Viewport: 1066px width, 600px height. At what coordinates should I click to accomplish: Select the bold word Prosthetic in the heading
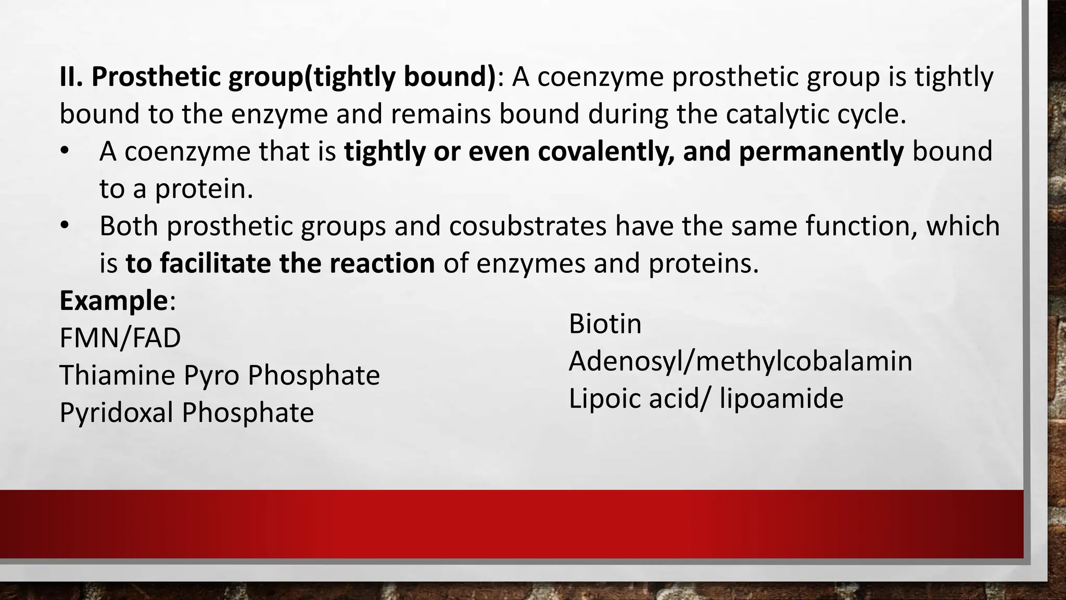[x=156, y=77]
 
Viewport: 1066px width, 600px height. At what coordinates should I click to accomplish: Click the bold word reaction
[x=382, y=264]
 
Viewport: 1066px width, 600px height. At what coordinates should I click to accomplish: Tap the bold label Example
[x=113, y=301]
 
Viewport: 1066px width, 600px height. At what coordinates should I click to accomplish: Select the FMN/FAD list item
[x=120, y=338]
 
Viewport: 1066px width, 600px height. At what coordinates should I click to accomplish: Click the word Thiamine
[x=117, y=376]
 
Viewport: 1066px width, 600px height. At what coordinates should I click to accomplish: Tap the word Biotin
[x=605, y=324]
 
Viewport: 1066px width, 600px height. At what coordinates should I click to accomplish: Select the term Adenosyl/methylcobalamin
[x=740, y=361]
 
